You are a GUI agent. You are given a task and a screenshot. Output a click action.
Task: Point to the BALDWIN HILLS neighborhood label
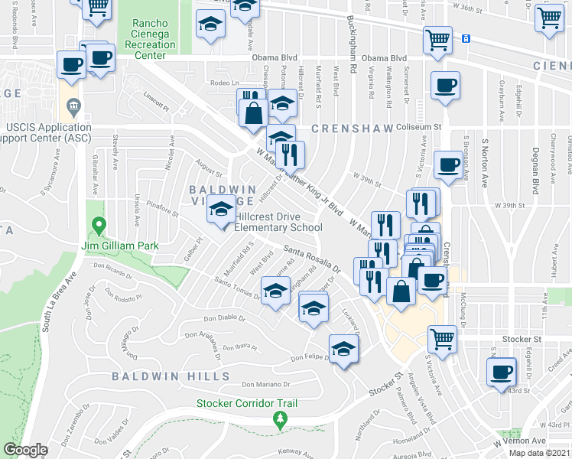click(171, 376)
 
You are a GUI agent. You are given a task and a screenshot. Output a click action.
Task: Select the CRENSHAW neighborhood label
click(352, 128)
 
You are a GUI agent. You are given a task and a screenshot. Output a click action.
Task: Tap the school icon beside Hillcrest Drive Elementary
click(221, 210)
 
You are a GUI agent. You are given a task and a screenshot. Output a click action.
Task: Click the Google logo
click(25, 450)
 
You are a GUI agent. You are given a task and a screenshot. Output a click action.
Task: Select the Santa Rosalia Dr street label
click(311, 259)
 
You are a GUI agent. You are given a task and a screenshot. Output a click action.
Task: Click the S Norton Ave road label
click(485, 161)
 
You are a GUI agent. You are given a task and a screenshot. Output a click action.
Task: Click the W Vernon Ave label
click(519, 441)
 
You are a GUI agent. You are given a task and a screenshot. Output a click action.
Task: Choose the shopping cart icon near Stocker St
click(443, 339)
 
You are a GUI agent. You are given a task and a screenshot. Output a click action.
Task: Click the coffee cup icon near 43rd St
click(502, 373)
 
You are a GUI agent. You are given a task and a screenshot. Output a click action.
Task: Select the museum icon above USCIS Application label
click(73, 105)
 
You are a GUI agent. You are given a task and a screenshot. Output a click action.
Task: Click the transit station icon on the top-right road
click(466, 37)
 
